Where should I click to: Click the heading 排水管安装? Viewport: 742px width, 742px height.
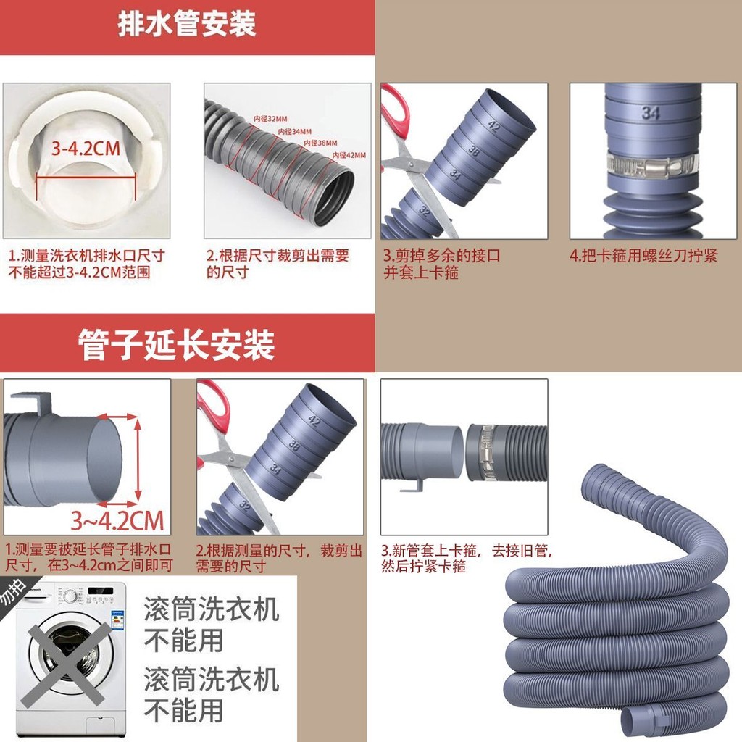point(187,25)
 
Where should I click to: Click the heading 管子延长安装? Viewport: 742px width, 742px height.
point(177,345)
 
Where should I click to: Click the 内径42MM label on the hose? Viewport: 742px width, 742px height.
point(349,155)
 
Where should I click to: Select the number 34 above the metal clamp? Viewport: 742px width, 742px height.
point(650,112)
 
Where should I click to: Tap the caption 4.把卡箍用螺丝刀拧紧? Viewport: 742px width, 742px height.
point(643,257)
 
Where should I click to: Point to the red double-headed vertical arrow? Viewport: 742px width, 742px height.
point(137,459)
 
